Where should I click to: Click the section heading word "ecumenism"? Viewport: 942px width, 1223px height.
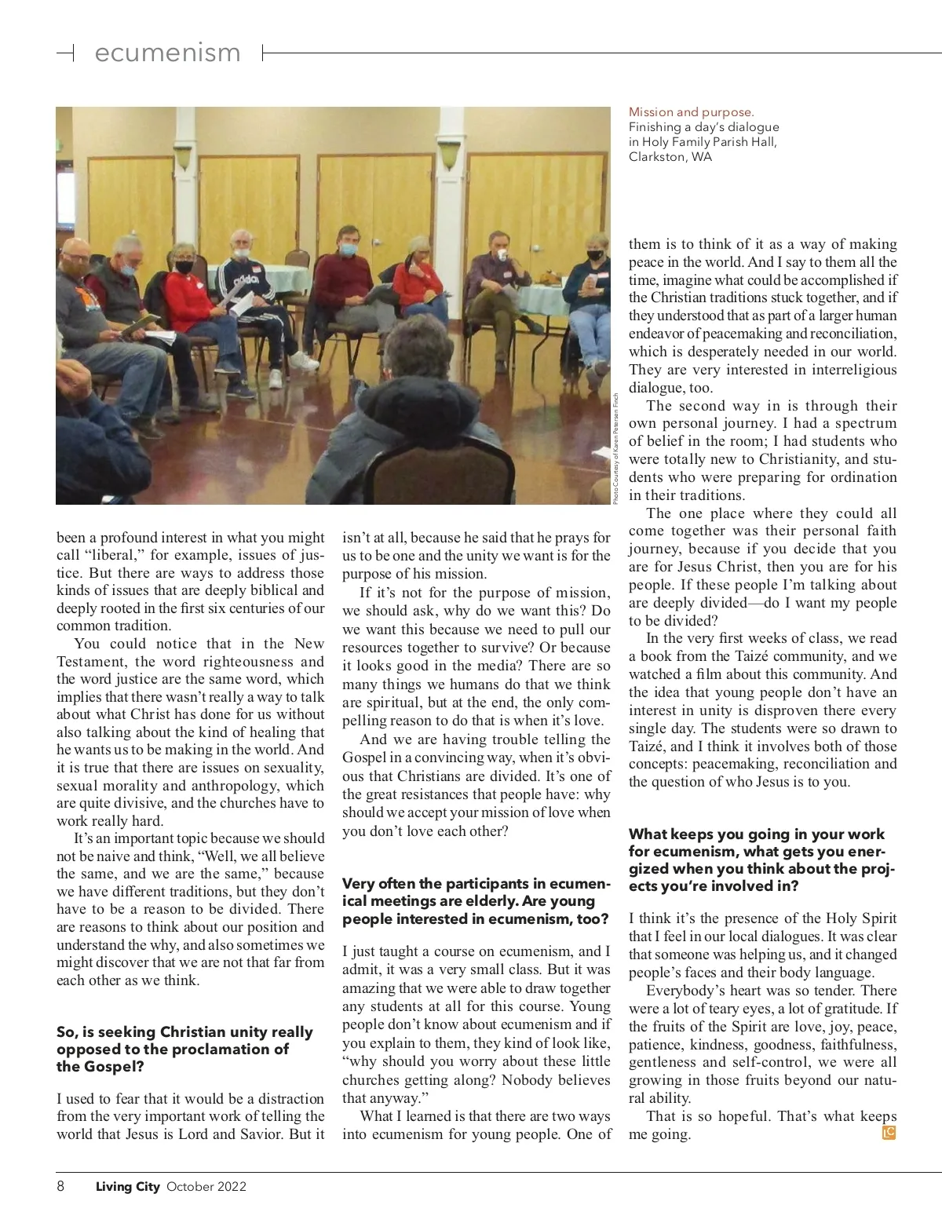167,53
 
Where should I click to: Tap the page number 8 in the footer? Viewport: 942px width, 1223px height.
60,1186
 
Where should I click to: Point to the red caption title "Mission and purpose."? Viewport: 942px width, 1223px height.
691,112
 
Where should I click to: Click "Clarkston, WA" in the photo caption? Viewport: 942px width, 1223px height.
670,156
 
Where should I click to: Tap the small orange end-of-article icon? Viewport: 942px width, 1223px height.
889,1133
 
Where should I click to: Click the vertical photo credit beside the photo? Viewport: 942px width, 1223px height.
617,447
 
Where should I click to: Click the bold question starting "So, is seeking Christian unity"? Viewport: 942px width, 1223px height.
184,1049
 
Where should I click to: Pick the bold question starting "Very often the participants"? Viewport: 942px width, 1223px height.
475,901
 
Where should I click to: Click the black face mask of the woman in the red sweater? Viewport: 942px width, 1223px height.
184,267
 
